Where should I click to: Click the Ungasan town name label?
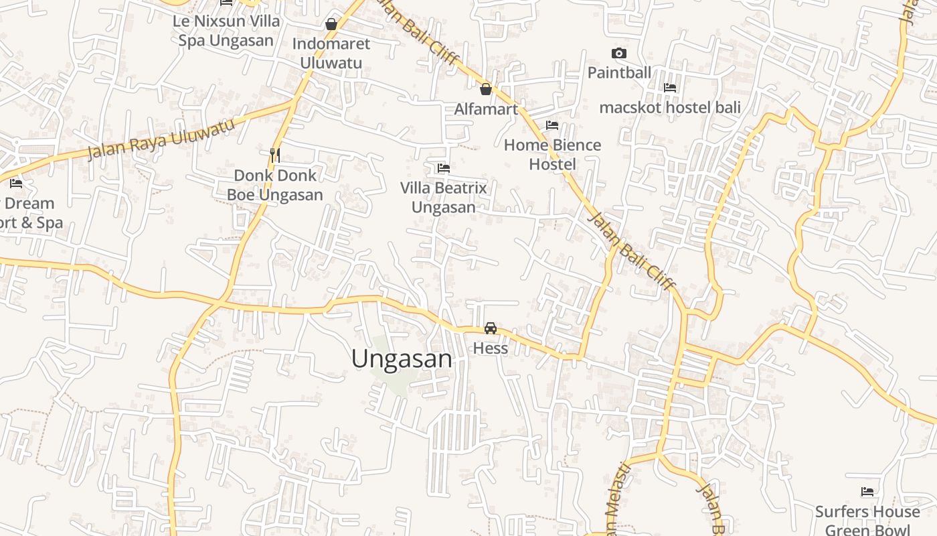tap(402, 359)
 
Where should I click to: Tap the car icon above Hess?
tap(491, 328)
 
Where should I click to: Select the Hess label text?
tap(491, 348)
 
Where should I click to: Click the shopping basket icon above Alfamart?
tap(486, 88)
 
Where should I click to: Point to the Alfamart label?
tap(486, 109)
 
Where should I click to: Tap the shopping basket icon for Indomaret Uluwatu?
tap(331, 25)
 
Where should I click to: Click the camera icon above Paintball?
tap(619, 53)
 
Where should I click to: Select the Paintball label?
tap(619, 72)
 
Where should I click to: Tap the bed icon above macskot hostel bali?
tap(669, 88)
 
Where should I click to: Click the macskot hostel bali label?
tap(669, 107)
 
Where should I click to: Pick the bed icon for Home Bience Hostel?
tap(552, 125)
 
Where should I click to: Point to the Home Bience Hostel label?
tap(552, 154)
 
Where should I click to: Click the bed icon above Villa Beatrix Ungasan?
tap(443, 168)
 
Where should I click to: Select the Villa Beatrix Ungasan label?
tap(443, 197)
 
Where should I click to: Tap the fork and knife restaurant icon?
tap(274, 155)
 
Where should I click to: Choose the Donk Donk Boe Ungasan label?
tap(274, 185)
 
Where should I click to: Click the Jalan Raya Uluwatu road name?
tap(161, 139)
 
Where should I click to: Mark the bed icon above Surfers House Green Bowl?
tap(867, 492)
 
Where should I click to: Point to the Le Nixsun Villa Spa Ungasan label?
tap(226, 30)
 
